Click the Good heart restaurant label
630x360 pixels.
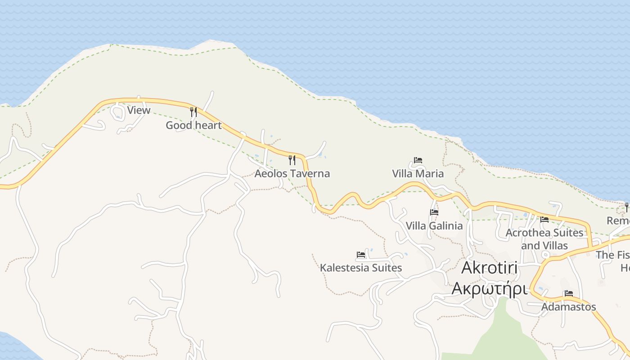(193, 125)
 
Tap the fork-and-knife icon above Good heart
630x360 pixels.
(193, 112)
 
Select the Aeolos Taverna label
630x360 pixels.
(292, 173)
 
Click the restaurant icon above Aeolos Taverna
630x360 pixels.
(292, 160)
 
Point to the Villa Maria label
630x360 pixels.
(418, 173)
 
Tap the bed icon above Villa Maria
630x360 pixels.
(418, 160)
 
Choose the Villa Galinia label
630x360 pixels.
(434, 225)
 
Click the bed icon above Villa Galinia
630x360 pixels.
(434, 212)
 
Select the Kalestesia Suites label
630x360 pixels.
(360, 268)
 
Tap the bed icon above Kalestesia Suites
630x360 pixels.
(361, 255)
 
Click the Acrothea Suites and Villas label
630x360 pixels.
(544, 239)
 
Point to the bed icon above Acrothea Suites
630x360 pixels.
(544, 220)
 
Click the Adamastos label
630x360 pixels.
(568, 306)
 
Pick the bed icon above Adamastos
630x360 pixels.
(569, 293)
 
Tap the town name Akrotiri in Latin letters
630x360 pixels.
(490, 268)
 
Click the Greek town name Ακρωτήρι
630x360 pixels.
(489, 288)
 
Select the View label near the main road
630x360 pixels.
(139, 110)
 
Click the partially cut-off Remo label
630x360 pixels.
(618, 220)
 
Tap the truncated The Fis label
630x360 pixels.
(613, 255)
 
